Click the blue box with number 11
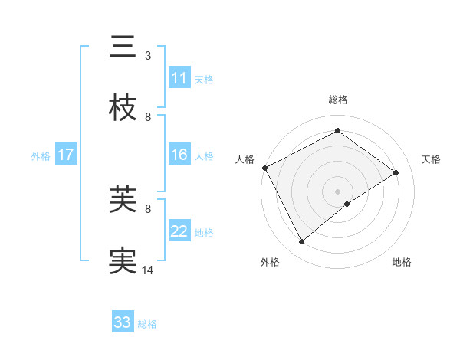click(x=179, y=78)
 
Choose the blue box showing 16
click(x=179, y=155)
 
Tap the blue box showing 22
click(x=179, y=231)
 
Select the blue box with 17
click(x=66, y=155)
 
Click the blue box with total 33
click(x=123, y=322)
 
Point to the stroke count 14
click(x=148, y=270)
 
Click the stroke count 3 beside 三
click(x=148, y=55)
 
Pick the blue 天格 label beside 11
click(x=204, y=79)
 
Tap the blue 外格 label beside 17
click(x=41, y=155)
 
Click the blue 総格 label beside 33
click(x=147, y=323)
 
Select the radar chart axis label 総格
click(x=338, y=100)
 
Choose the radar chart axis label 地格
click(x=402, y=262)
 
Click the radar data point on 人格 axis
click(x=264, y=168)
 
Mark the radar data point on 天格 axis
click(x=396, y=172)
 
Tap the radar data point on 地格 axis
click(x=347, y=204)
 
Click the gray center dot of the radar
click(x=338, y=191)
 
